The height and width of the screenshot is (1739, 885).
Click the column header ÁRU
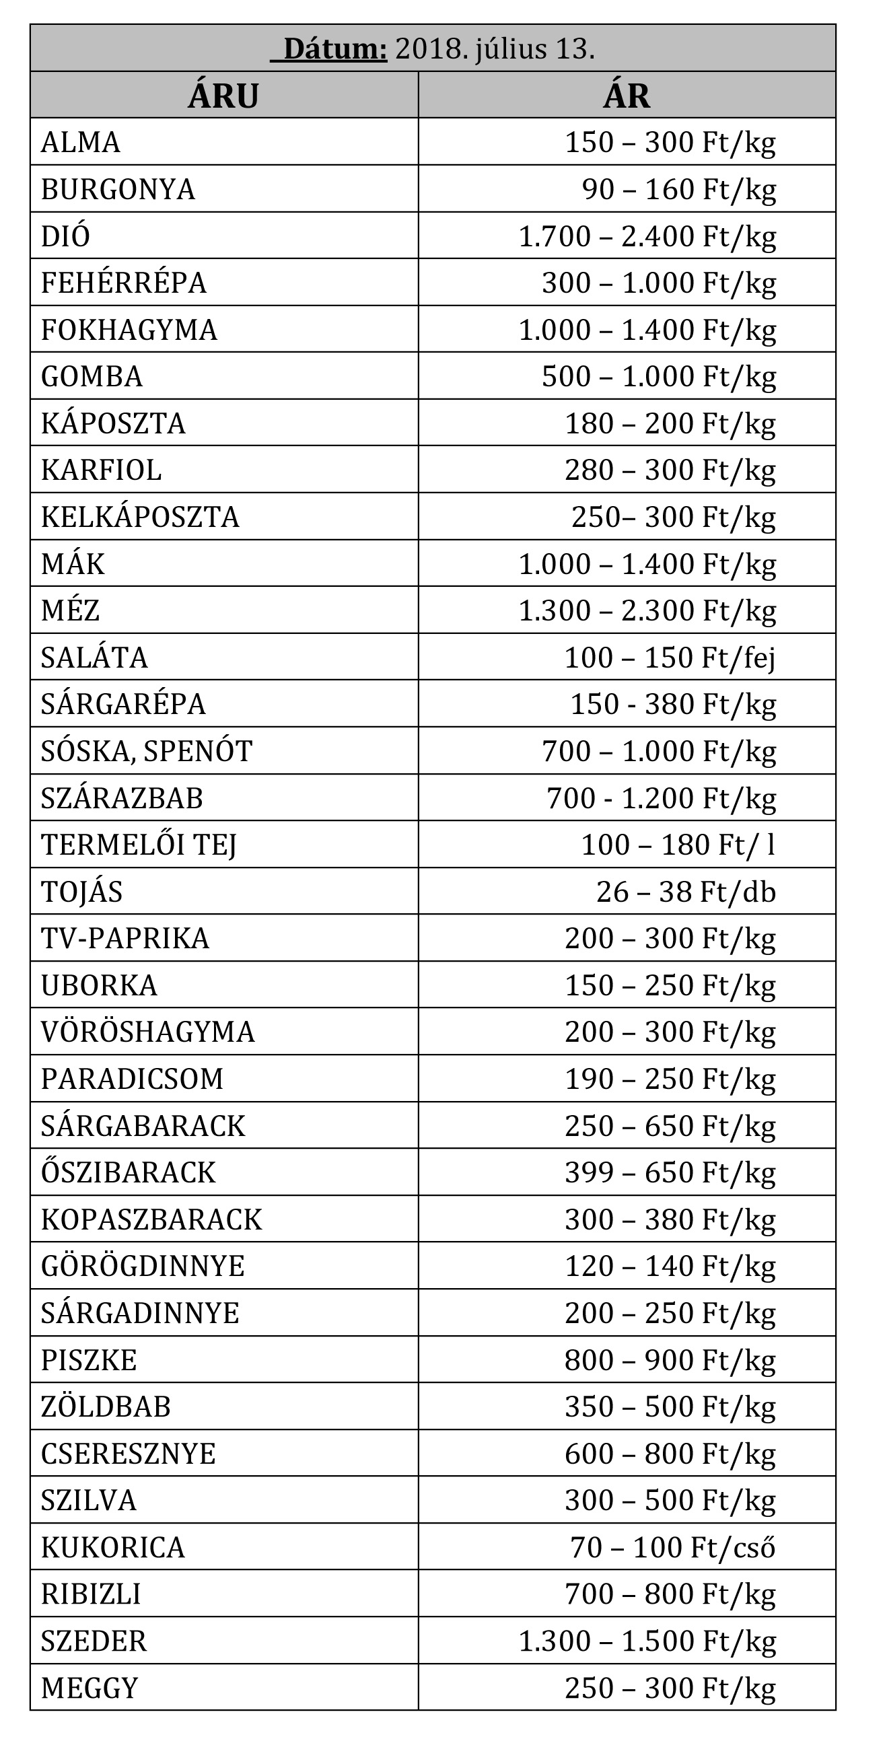[x=223, y=96]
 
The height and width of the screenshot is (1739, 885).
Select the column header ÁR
[x=627, y=96]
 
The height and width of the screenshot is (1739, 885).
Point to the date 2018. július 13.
[x=495, y=49]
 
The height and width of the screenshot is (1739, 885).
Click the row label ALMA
[x=80, y=143]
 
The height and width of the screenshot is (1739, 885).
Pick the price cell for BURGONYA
[x=678, y=190]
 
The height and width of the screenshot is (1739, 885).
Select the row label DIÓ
[x=65, y=236]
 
